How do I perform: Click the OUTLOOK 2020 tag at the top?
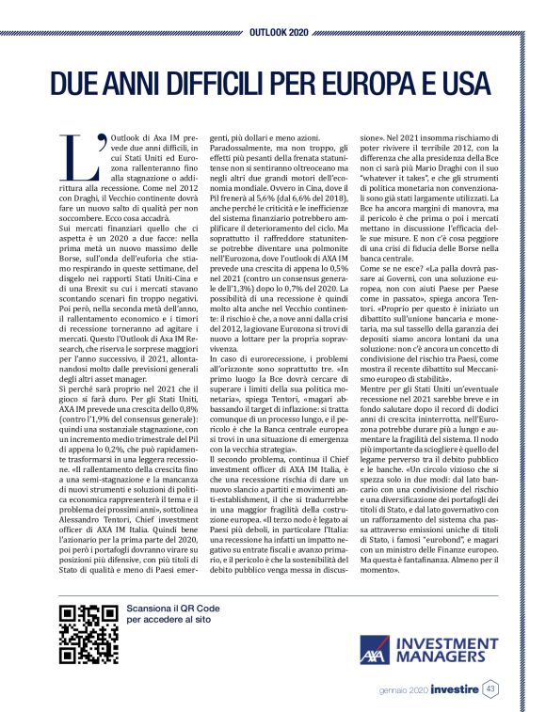(x=273, y=19)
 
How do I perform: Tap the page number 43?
(x=491, y=689)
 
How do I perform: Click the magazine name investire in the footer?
(x=453, y=689)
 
